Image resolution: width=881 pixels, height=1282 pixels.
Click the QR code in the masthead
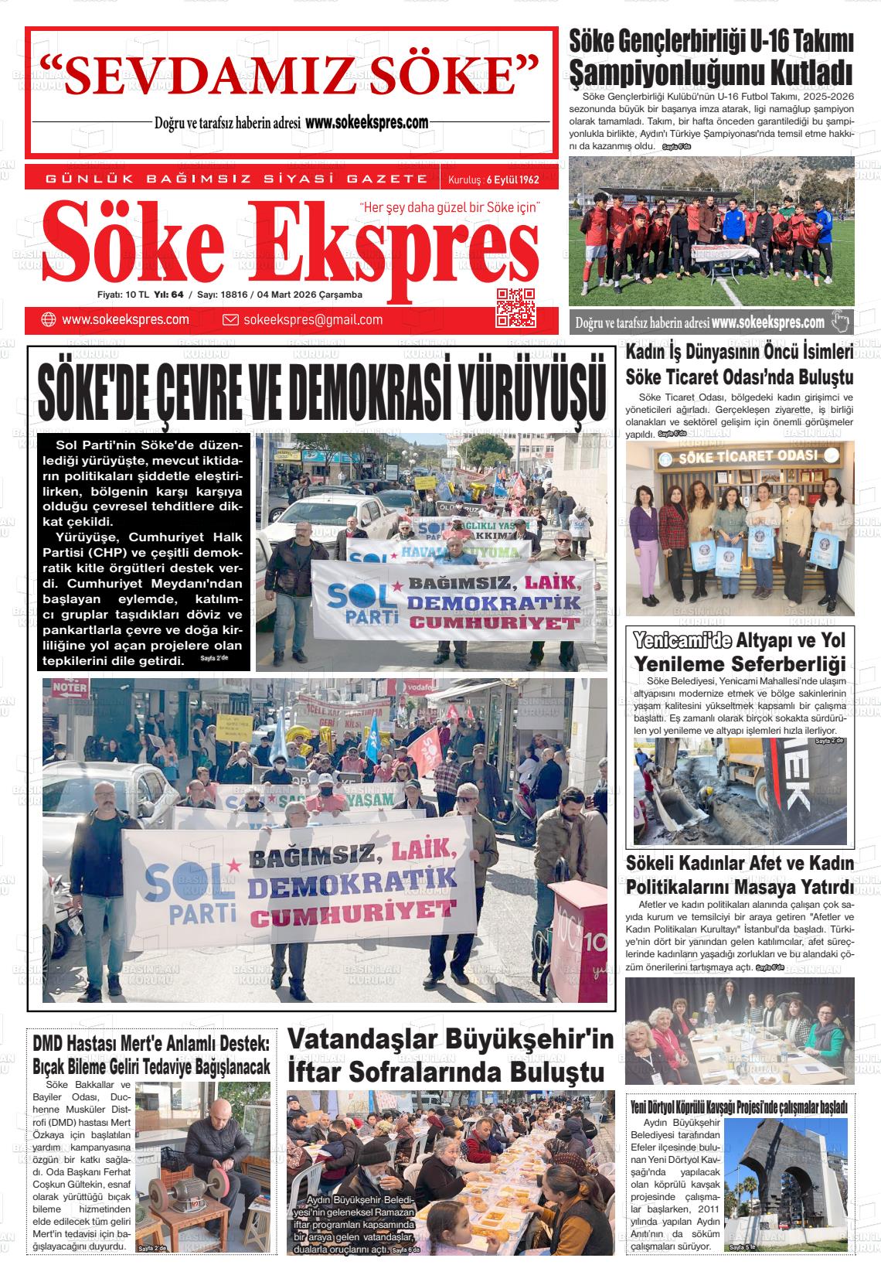(515, 308)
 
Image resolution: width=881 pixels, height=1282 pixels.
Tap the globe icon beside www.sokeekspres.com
(49, 319)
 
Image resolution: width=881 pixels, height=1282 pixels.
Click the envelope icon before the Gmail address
(230, 320)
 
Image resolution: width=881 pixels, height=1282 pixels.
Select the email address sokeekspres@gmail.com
(312, 320)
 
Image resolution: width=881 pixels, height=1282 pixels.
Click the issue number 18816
(234, 295)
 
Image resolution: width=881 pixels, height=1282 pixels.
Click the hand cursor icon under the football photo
(840, 321)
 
